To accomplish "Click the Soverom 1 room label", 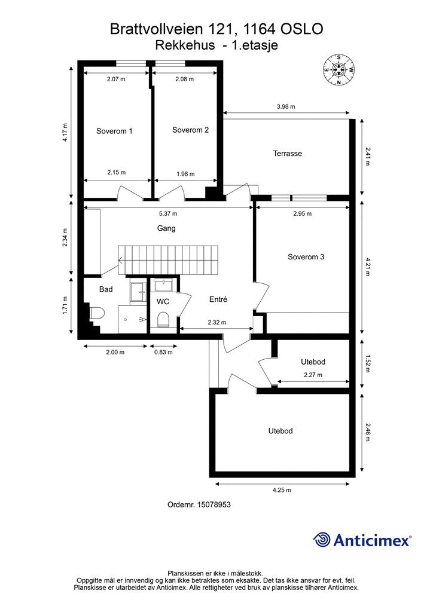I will coord(114,131).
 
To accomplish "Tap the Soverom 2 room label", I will coord(190,130).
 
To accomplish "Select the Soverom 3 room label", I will coord(306,257).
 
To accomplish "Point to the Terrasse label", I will coord(288,154).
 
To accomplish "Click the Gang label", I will coord(166,228).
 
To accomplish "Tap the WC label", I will coord(163,302).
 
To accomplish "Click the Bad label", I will coord(106,289).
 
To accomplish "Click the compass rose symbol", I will coord(339,70).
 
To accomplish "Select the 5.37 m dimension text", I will coord(167,213).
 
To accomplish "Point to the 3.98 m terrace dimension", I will coord(286,106).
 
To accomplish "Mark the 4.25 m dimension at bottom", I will coord(282,490).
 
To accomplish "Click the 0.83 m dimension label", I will coord(163,352).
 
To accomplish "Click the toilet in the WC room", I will coord(162,321).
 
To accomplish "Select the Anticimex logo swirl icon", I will coord(322,540).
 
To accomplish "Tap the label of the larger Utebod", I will coord(280,431).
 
